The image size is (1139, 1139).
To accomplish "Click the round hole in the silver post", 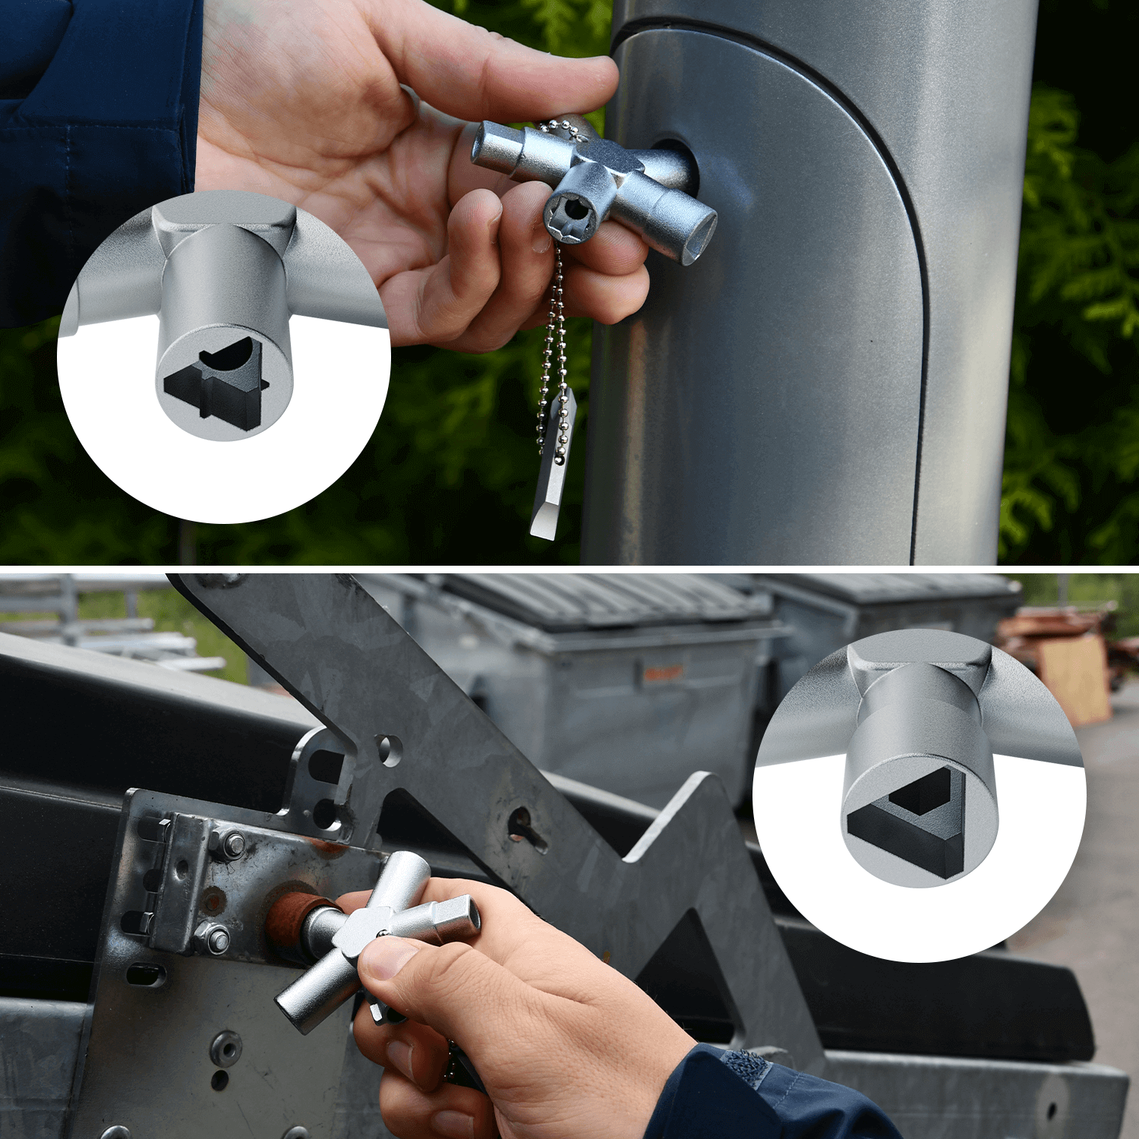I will coord(676,163).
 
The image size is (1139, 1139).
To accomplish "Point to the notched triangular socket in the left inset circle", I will coord(216,383).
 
